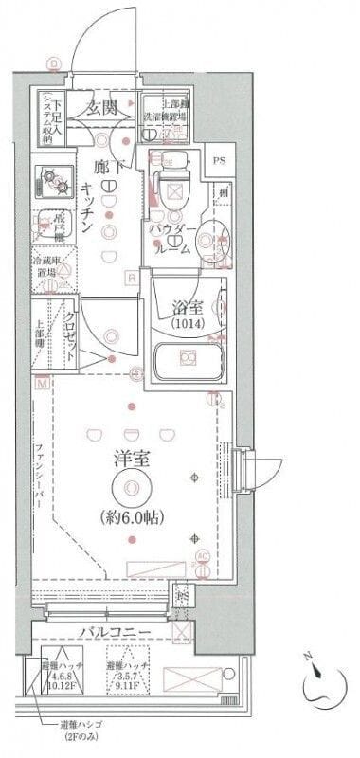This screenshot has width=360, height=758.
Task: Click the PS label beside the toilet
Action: point(219,159)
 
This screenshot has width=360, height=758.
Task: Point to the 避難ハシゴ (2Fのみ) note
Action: point(84,731)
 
